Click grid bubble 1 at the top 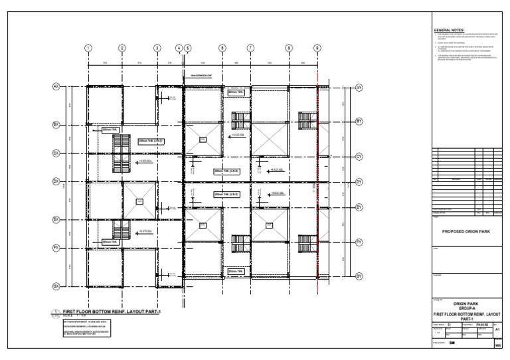(88, 48)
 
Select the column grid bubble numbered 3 (157, 48)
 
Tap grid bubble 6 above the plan (222, 48)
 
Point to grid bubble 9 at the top (317, 48)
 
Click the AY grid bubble (359, 87)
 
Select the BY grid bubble (359, 121)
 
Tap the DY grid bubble (359, 181)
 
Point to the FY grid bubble (359, 242)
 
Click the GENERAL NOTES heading (449, 31)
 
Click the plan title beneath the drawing (112, 311)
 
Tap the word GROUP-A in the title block (469, 308)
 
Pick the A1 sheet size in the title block (499, 329)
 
